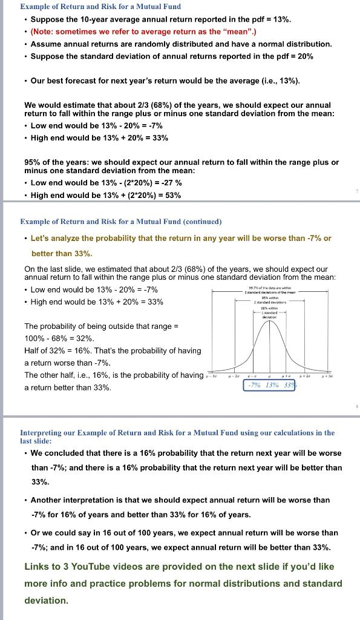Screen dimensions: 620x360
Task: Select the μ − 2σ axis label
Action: (x=232, y=375)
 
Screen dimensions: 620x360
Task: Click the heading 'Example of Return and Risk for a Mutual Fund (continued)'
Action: (x=121, y=222)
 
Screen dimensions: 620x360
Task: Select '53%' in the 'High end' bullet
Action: (x=172, y=195)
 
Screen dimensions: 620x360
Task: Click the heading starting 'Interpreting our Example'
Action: (x=177, y=437)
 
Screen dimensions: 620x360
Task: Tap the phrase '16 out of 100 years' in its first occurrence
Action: (x=110, y=533)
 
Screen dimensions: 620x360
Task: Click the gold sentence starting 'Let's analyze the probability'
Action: (x=181, y=238)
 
